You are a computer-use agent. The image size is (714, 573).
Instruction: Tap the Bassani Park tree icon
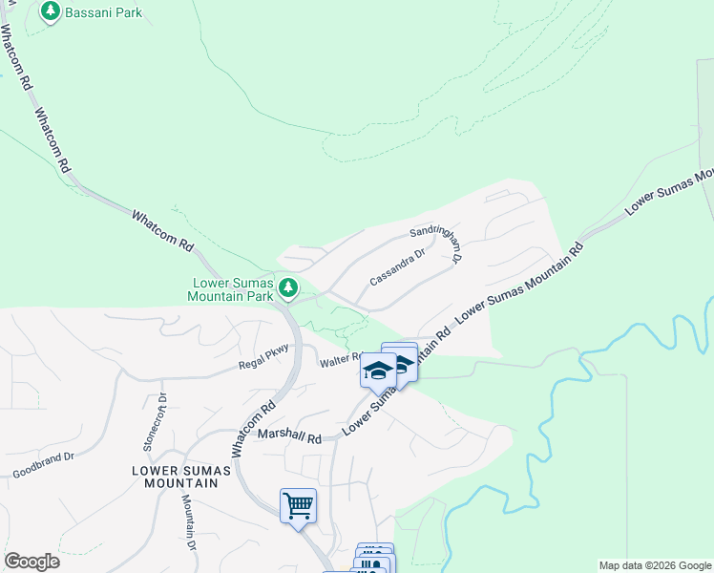51,11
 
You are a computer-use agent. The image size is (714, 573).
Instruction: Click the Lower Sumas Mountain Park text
233,290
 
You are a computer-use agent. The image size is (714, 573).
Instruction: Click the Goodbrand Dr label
43,465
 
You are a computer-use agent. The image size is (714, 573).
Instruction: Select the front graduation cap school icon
378,370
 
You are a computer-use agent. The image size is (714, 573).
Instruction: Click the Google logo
31,562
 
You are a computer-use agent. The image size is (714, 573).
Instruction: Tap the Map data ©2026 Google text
654,565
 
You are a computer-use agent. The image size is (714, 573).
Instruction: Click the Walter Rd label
339,362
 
